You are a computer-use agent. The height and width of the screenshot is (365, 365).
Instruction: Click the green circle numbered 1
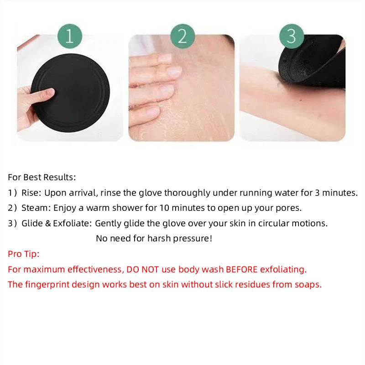(x=69, y=36)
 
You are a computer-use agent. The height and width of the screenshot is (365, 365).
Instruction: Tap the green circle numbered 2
(x=182, y=36)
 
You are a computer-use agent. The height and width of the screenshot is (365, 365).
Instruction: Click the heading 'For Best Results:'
(x=42, y=177)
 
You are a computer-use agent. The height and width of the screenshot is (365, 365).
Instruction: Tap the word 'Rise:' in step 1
(x=31, y=193)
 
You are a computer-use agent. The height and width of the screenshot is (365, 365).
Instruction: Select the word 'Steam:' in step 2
(x=36, y=208)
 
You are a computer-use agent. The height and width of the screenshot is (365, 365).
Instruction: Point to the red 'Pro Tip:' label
(x=24, y=254)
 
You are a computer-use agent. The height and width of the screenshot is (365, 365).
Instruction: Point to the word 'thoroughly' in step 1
(x=185, y=193)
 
